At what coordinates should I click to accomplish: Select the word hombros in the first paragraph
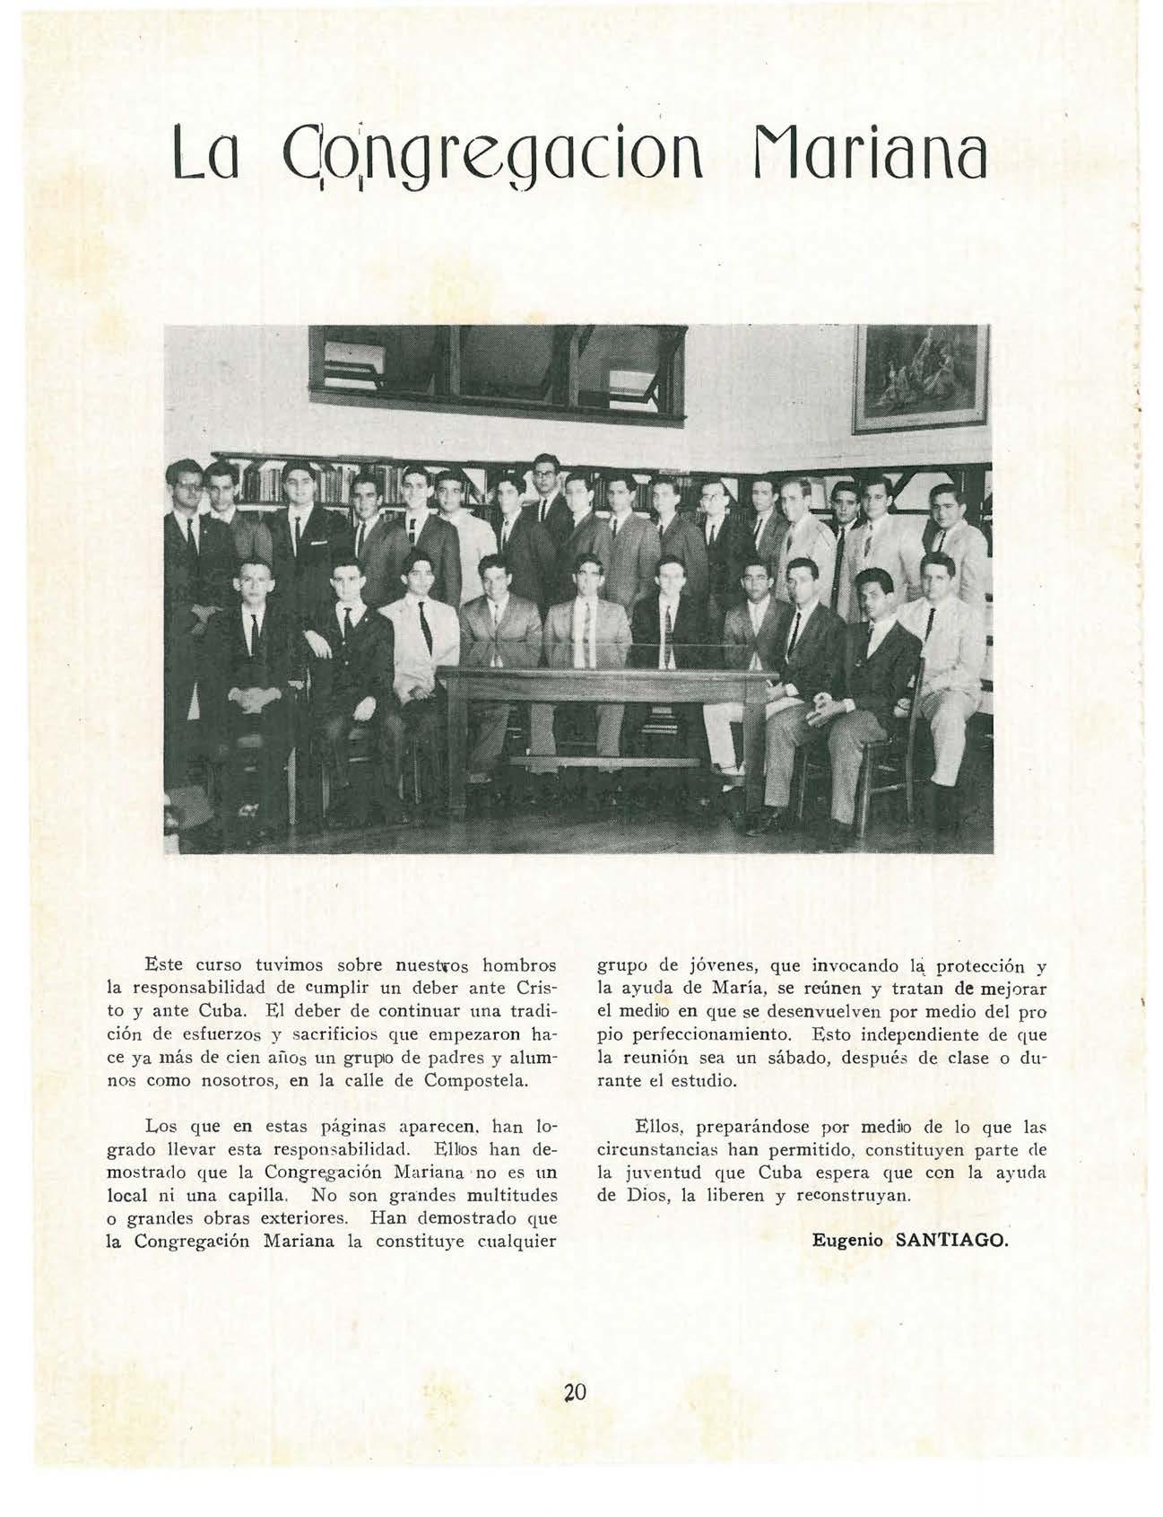coord(520,966)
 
